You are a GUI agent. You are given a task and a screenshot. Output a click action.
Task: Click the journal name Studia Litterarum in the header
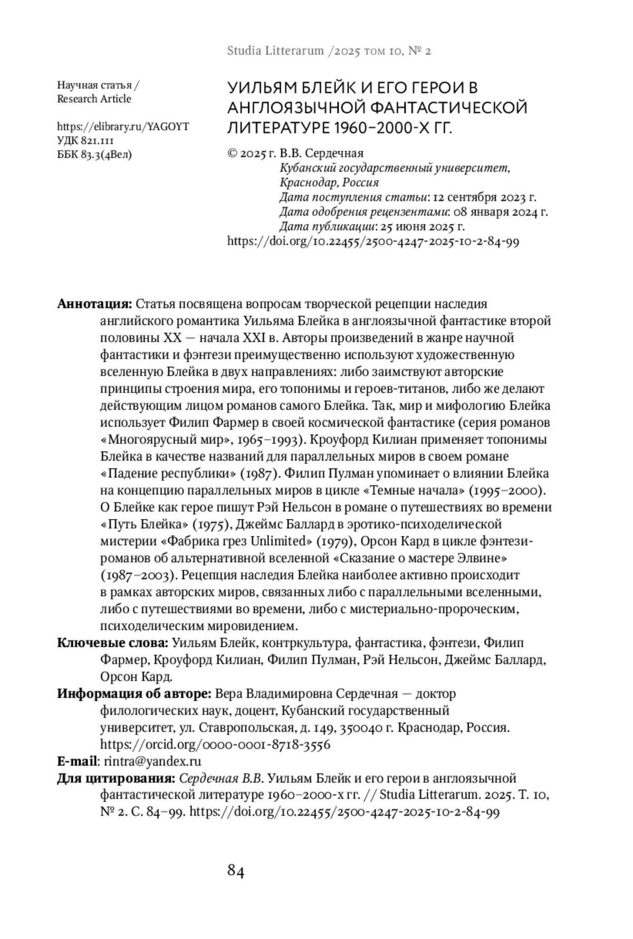click(x=275, y=51)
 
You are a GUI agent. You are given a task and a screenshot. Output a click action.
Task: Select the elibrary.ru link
click(x=122, y=127)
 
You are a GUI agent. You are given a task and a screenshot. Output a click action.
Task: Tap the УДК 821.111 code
click(x=85, y=141)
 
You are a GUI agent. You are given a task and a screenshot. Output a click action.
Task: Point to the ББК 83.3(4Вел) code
click(x=94, y=155)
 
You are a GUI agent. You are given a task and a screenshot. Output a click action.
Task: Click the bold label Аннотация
click(x=94, y=304)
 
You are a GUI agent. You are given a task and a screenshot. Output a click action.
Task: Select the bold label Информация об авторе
click(x=135, y=694)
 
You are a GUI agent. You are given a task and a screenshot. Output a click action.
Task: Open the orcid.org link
click(x=215, y=744)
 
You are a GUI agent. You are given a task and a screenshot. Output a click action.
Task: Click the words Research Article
click(x=94, y=99)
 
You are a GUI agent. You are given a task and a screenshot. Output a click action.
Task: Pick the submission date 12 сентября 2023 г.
click(x=484, y=197)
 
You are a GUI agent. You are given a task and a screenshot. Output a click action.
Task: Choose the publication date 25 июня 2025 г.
click(x=422, y=227)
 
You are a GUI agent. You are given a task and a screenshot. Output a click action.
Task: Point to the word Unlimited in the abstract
click(x=279, y=542)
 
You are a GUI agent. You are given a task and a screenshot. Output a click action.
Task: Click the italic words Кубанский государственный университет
click(x=395, y=168)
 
